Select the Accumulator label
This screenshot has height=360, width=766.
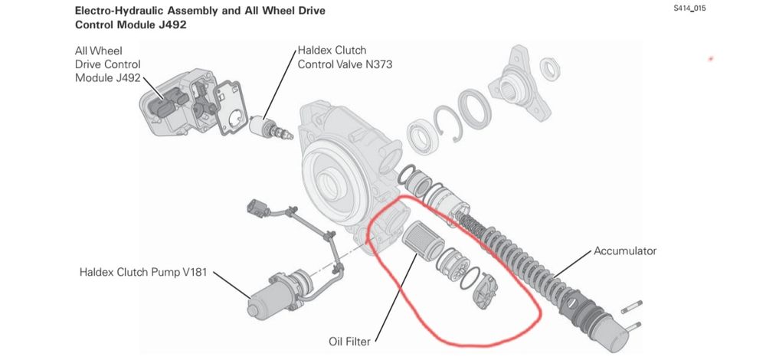point(625,250)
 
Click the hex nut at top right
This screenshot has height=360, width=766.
point(551,70)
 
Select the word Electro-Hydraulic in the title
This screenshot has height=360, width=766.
point(116,11)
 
